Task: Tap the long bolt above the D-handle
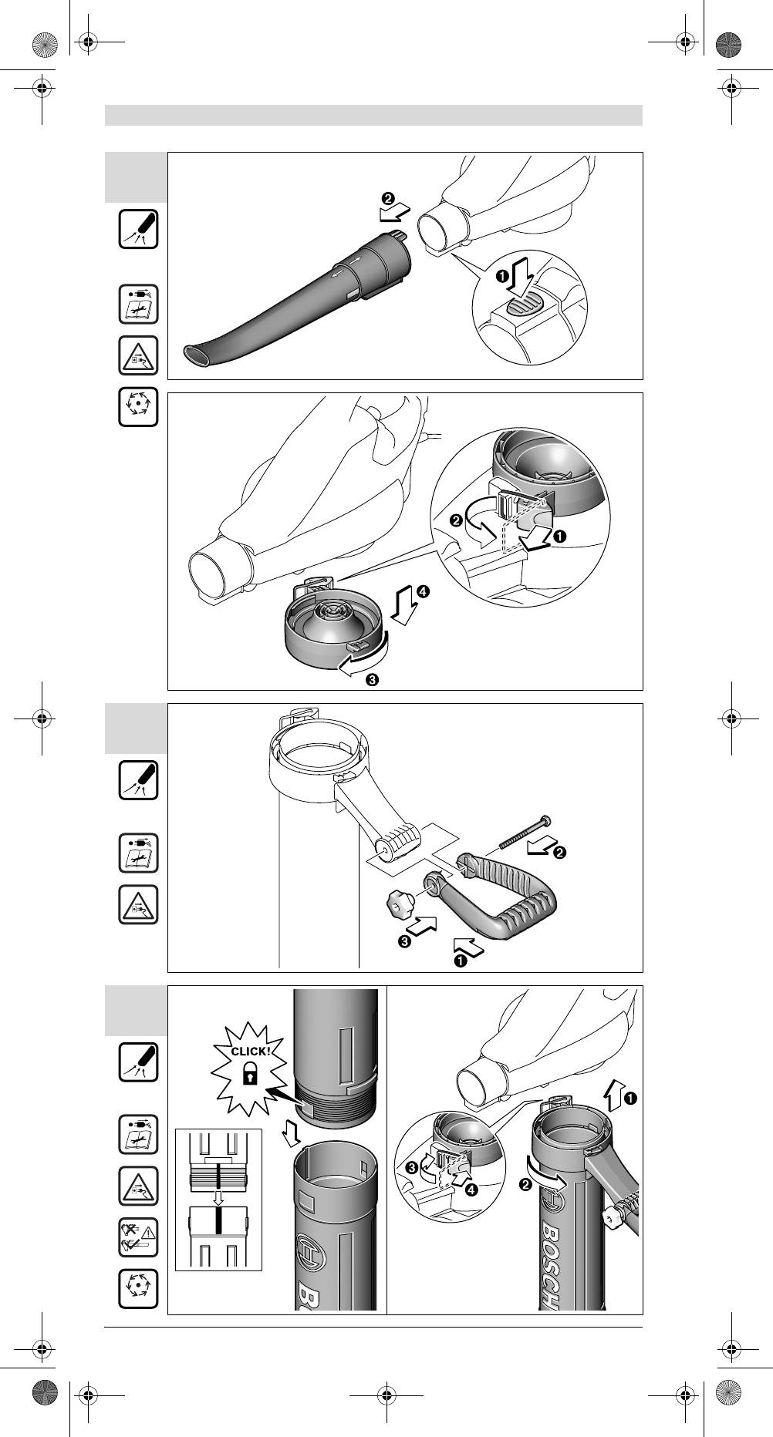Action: point(524,832)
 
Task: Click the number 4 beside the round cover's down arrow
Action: point(424,592)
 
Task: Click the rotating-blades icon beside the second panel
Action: point(138,407)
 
